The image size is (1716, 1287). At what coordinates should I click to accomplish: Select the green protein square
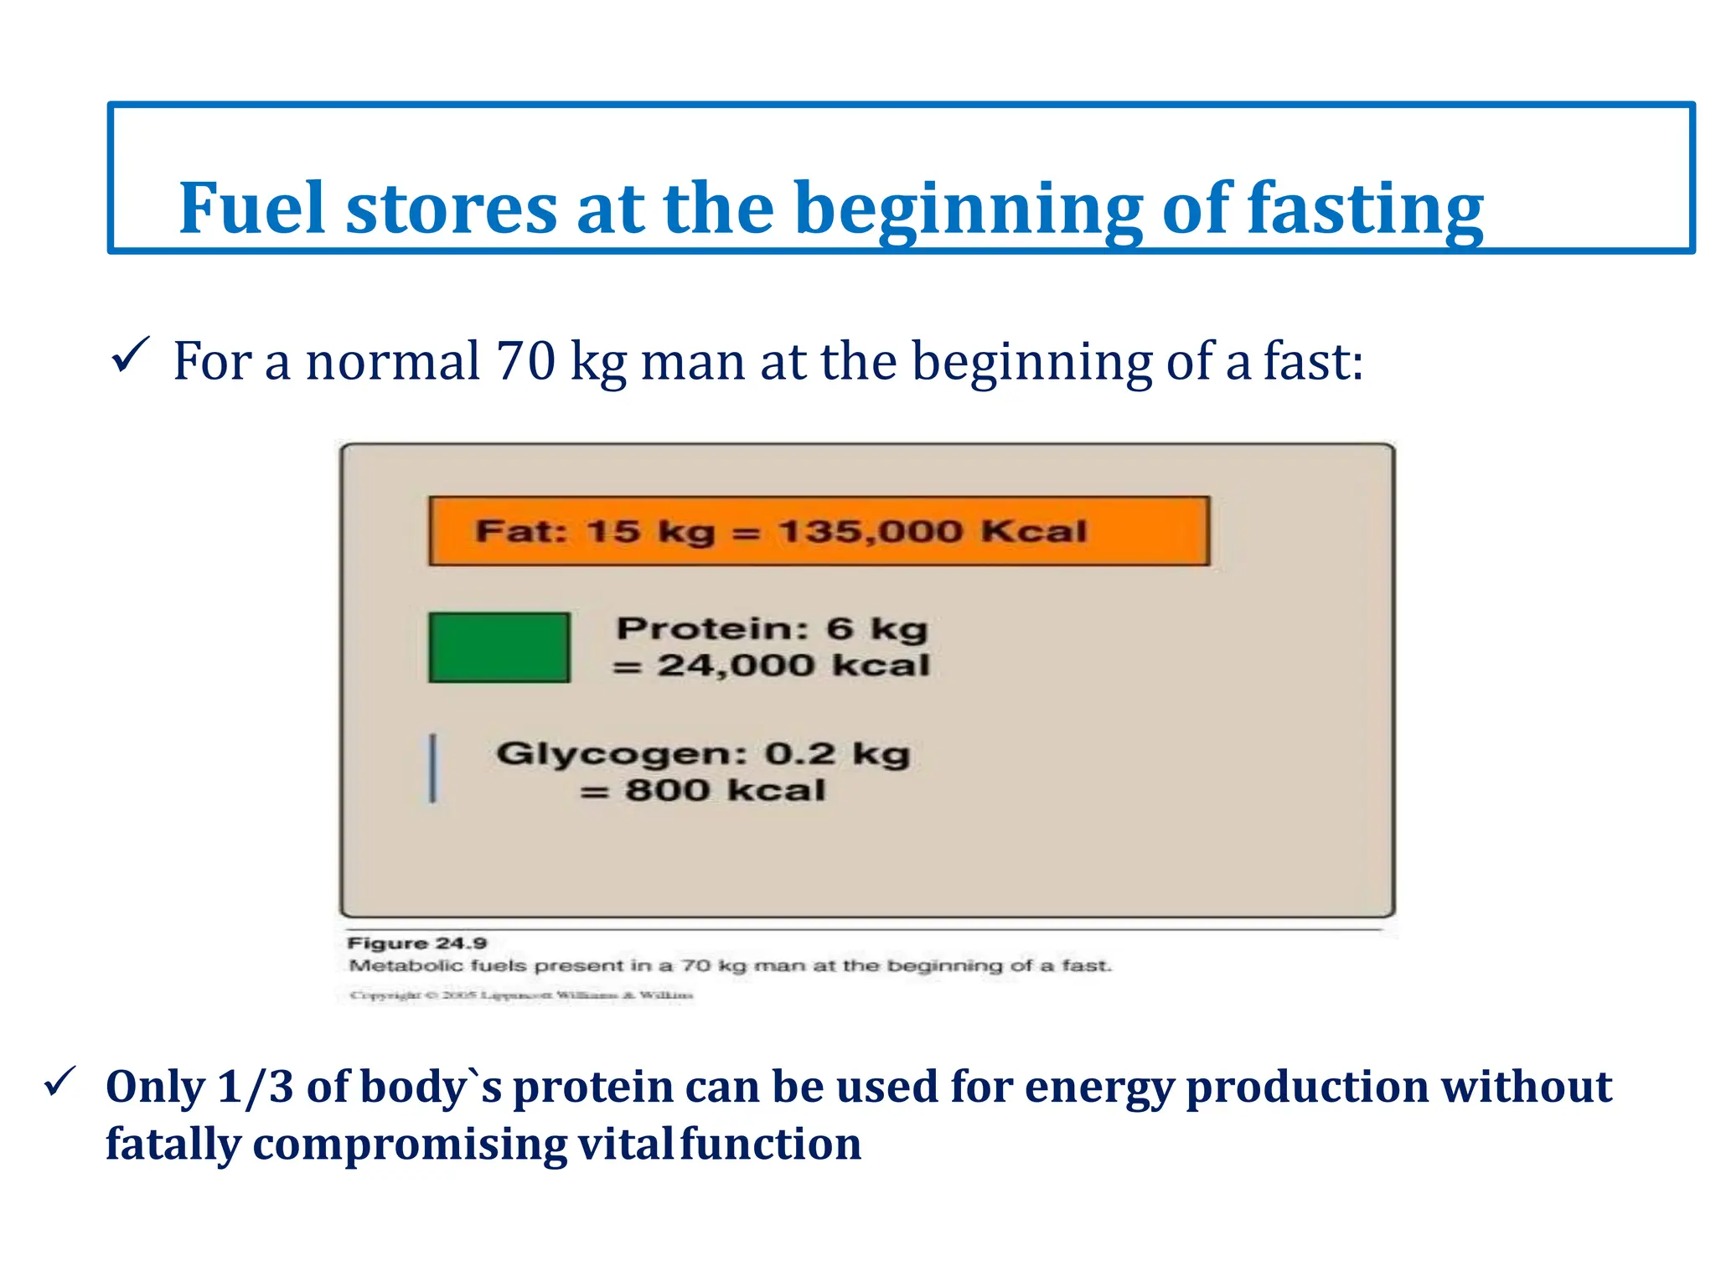click(499, 647)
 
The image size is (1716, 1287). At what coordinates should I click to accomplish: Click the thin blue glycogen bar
click(433, 768)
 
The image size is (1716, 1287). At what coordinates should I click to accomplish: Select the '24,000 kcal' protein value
click(792, 665)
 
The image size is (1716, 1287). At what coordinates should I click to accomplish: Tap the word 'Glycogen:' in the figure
click(621, 753)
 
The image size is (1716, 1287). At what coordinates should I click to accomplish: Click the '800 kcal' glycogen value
click(725, 790)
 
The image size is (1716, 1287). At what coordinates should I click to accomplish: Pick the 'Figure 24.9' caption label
click(416, 943)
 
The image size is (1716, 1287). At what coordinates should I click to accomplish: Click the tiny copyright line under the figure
click(521, 995)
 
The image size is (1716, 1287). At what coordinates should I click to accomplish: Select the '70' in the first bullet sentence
click(525, 361)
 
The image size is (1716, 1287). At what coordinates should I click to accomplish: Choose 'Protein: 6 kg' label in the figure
click(772, 628)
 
